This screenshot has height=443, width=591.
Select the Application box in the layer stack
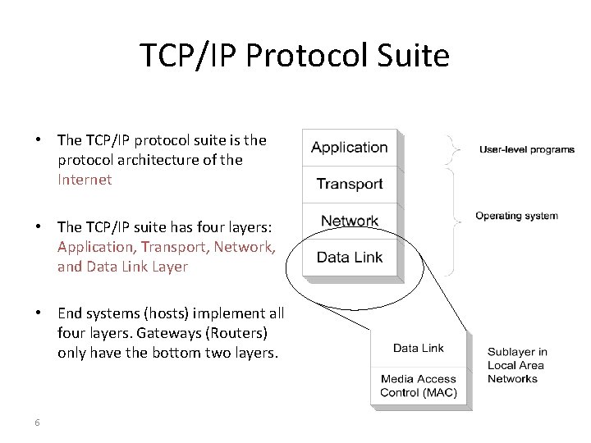(350, 148)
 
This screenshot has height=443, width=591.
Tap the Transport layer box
(350, 185)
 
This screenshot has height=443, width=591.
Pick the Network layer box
(350, 221)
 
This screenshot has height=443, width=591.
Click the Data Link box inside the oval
(350, 258)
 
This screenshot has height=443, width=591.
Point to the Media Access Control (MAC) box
(419, 386)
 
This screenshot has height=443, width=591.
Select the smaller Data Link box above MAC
(419, 349)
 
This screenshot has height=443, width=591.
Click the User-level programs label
(527, 150)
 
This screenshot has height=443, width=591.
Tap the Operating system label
(516, 217)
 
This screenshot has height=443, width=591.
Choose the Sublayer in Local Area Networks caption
(517, 365)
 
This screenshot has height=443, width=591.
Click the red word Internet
(85, 179)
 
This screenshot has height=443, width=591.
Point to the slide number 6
(38, 422)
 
